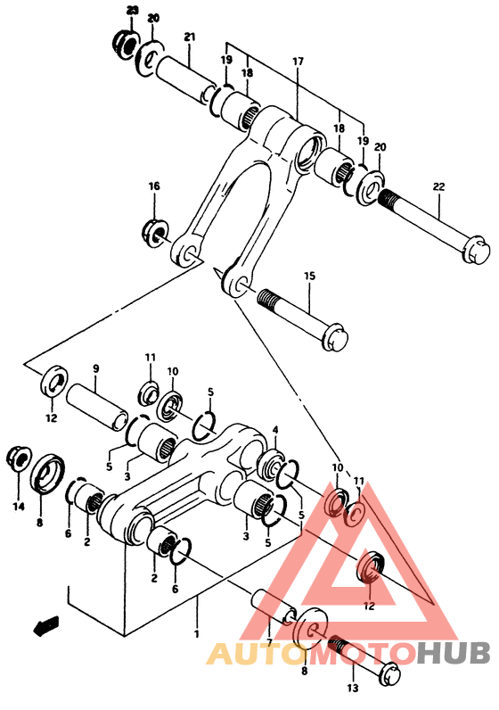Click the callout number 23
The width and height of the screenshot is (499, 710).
point(133,11)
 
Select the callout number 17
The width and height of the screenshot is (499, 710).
point(298,62)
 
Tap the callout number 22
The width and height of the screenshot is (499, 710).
point(438,186)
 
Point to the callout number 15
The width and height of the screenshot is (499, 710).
point(309,276)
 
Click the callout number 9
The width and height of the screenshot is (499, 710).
point(96,368)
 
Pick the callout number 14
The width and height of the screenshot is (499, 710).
point(18,508)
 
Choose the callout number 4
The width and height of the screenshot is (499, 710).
point(275,430)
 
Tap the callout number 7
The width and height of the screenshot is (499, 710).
point(269,642)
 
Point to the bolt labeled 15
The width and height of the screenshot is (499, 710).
point(303,316)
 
